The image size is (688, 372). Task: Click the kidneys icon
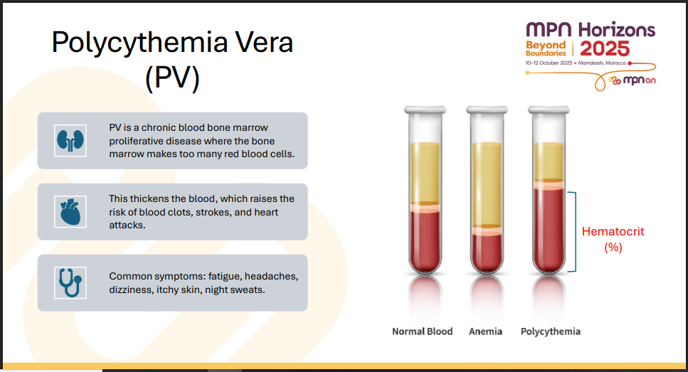[x=70, y=140]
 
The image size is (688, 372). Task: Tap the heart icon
[x=70, y=212]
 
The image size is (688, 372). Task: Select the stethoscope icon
[x=70, y=283]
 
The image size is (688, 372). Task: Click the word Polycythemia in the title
[x=139, y=43]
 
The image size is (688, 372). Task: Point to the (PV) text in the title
[x=172, y=78]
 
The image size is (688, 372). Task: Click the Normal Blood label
[x=422, y=331]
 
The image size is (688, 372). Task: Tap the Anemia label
[x=485, y=331]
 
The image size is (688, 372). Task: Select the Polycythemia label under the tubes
[x=550, y=331]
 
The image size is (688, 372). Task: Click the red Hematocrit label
[x=613, y=239]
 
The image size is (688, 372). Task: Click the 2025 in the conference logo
[x=605, y=48]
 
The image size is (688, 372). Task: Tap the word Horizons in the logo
[x=616, y=30]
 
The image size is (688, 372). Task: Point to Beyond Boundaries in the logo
[x=546, y=48]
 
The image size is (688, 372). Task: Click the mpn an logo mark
[x=632, y=80]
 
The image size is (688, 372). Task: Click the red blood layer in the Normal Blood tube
[x=425, y=239]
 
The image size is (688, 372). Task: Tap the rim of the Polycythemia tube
[x=549, y=110]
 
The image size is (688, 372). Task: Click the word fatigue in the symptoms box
[x=225, y=277]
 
